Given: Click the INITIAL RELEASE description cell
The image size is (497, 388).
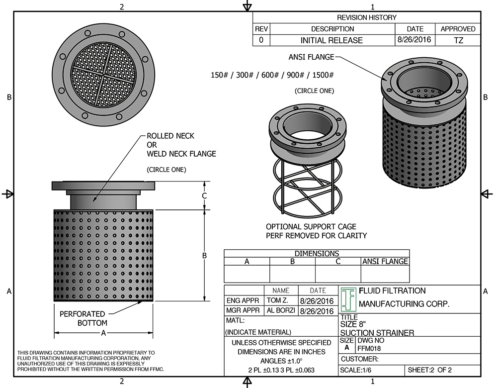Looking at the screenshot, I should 331,40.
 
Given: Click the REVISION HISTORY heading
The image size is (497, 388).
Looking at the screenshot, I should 367,17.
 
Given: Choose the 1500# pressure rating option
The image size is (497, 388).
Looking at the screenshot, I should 323,75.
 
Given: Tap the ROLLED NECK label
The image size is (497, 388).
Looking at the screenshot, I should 170,136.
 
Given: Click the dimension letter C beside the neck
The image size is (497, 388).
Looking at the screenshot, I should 204,195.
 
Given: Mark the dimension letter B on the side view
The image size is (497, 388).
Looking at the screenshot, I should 204,255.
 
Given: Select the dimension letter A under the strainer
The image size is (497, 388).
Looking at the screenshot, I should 103,333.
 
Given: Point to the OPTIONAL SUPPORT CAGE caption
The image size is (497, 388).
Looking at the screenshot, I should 311,227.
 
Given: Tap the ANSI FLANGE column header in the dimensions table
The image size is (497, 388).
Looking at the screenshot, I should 385,261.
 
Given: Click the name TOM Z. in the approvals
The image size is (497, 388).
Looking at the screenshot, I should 280,301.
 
